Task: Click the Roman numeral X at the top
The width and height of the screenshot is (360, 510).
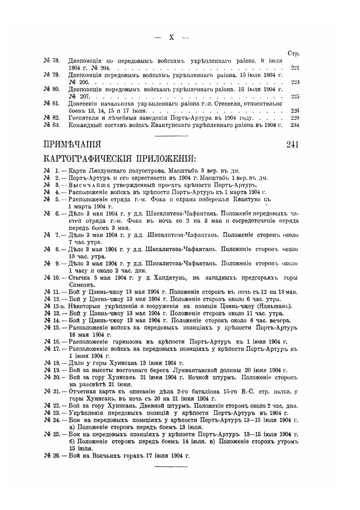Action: coord(171,37)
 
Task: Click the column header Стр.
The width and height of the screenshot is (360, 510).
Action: coord(294,54)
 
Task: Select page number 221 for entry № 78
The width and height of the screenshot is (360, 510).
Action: coord(295,68)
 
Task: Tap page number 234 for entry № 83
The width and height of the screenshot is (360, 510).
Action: coord(295,125)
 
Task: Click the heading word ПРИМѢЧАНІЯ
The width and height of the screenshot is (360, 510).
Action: coord(72,145)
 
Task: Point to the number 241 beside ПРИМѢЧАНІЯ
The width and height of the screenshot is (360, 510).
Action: coord(293,145)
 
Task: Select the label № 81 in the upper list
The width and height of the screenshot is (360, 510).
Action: coord(51,104)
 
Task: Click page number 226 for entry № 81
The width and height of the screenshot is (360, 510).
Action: coord(295,111)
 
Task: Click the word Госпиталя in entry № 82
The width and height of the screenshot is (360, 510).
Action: coord(84,118)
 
